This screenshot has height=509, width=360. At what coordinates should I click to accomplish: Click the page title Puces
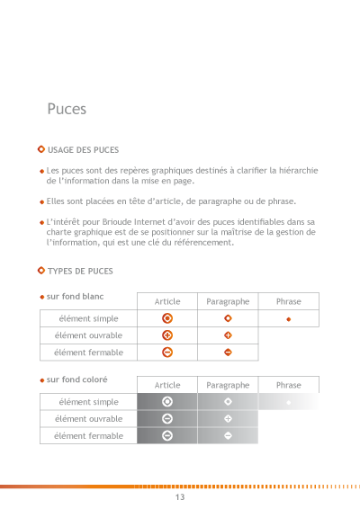[x=67, y=109]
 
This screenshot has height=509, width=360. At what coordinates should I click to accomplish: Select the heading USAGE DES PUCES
[x=83, y=149]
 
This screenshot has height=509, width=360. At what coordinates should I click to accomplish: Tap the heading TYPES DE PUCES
[x=80, y=271]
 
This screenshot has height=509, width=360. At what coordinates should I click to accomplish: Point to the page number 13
[x=180, y=497]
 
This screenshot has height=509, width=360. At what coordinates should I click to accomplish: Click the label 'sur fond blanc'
[x=75, y=295]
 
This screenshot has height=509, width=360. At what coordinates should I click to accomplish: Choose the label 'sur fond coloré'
[x=76, y=380]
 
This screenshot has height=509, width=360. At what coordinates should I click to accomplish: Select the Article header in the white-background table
[x=167, y=301]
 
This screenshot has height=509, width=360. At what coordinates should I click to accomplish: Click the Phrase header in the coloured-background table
[x=289, y=385]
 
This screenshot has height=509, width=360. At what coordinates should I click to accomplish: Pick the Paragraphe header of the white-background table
[x=228, y=301]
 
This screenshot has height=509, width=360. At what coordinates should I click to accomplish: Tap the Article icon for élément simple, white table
[x=167, y=318]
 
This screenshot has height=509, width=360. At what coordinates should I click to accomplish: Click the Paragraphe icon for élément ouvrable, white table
[x=228, y=335]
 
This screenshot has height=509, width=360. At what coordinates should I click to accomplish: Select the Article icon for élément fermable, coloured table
[x=167, y=436]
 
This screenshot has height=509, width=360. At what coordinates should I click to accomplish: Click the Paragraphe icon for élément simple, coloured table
[x=228, y=401]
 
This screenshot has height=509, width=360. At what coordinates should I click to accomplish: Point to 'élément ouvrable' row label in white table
[x=88, y=335]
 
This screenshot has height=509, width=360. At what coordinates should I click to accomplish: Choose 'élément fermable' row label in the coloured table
[x=88, y=436]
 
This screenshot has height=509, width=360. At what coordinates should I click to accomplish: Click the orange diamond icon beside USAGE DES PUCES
[x=41, y=149]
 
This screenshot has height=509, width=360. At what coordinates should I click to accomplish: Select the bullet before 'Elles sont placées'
[x=41, y=202]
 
